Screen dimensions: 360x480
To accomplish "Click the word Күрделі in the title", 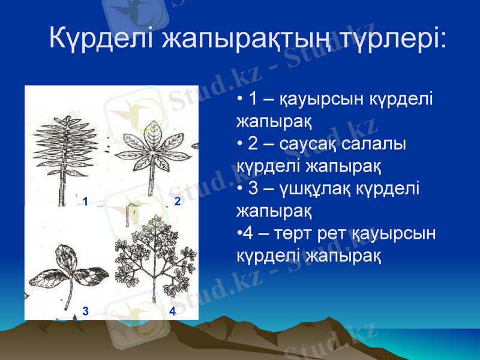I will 102,38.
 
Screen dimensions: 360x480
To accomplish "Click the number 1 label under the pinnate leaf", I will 86,202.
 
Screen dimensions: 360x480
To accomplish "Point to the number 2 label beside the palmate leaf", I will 177,202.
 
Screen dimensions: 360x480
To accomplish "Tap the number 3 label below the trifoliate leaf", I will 86,311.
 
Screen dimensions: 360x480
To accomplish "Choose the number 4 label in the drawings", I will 173,311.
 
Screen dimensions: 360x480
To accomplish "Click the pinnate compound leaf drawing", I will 60,150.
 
